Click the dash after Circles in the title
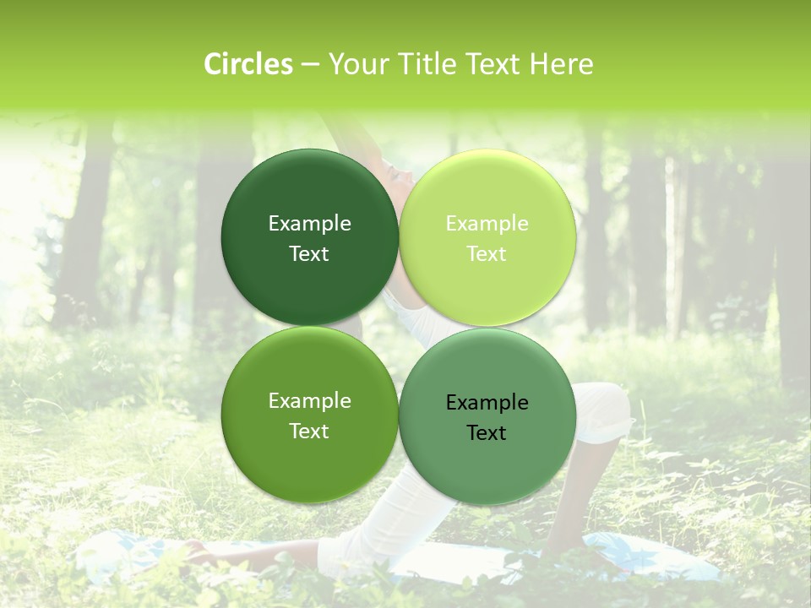(309, 65)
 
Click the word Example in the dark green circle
(309, 224)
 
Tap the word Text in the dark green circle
(309, 254)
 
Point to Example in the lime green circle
(487, 224)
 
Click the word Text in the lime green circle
(487, 254)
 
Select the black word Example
(487, 403)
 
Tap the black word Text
(487, 433)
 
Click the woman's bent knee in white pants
(608, 405)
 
